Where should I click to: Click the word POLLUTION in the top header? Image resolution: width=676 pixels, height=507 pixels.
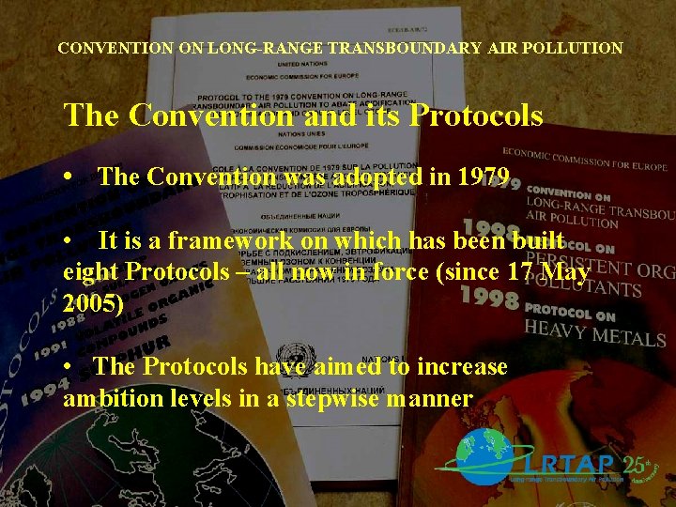pos(575,47)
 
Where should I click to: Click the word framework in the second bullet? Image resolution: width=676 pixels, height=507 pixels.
pos(216,241)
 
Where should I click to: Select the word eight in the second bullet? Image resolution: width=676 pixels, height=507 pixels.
pos(91,273)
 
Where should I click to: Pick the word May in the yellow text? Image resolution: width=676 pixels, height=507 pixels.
pos(567,273)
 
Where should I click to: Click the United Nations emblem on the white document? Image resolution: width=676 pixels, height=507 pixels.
pos(291,357)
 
